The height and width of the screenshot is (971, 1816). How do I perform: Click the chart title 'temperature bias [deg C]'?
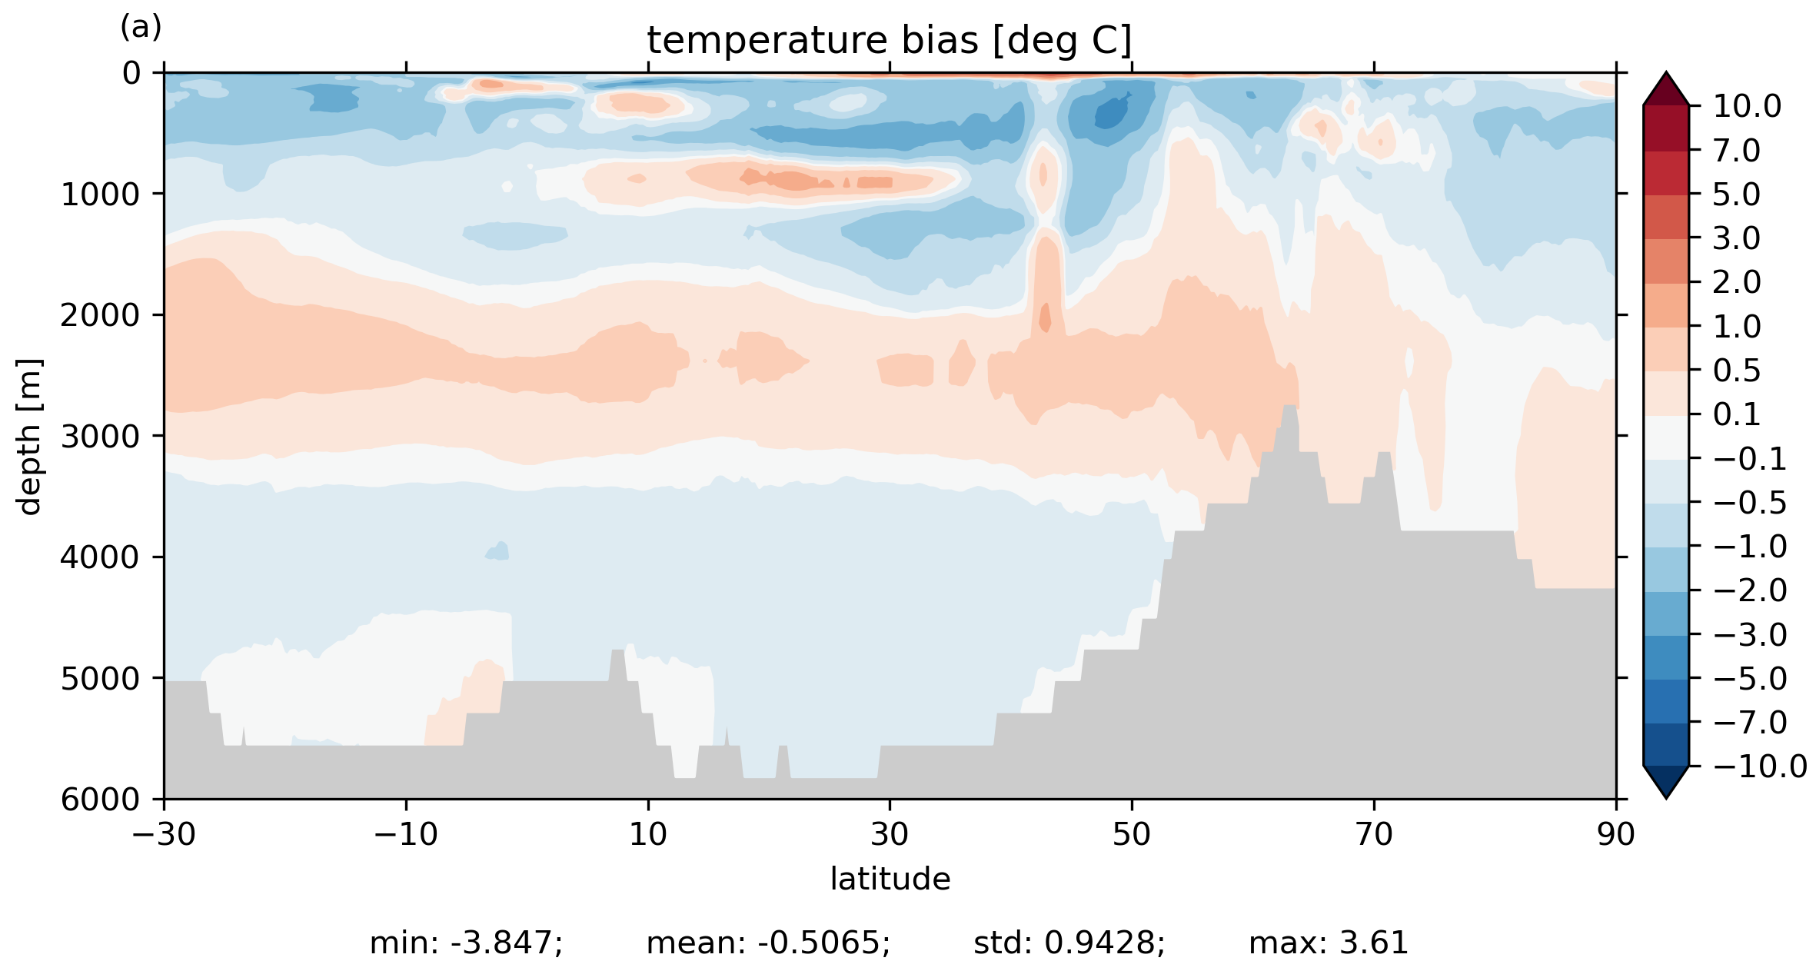tap(890, 41)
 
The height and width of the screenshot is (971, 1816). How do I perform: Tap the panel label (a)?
tap(141, 28)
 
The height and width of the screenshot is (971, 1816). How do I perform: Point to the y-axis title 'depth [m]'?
tap(29, 436)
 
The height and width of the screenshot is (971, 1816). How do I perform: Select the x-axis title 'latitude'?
tap(890, 879)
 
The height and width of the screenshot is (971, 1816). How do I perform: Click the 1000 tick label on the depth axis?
tap(101, 195)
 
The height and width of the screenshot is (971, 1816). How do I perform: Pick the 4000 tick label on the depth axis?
tap(101, 557)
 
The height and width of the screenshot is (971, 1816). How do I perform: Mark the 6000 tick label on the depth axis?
tap(101, 800)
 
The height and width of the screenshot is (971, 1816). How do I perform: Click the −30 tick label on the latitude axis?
tap(164, 834)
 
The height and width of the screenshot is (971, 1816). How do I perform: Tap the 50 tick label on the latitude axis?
tap(1132, 834)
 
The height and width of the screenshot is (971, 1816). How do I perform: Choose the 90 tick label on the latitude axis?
tap(1615, 834)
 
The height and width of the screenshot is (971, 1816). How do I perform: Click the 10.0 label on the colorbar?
tap(1747, 106)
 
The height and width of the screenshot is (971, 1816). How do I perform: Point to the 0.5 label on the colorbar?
tap(1737, 371)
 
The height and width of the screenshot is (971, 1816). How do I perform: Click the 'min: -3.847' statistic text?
tap(466, 943)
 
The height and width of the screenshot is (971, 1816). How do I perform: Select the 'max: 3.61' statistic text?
tap(1329, 943)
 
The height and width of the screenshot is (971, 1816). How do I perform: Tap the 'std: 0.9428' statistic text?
tap(1069, 943)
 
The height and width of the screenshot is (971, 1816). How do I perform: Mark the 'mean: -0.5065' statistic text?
tap(768, 943)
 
